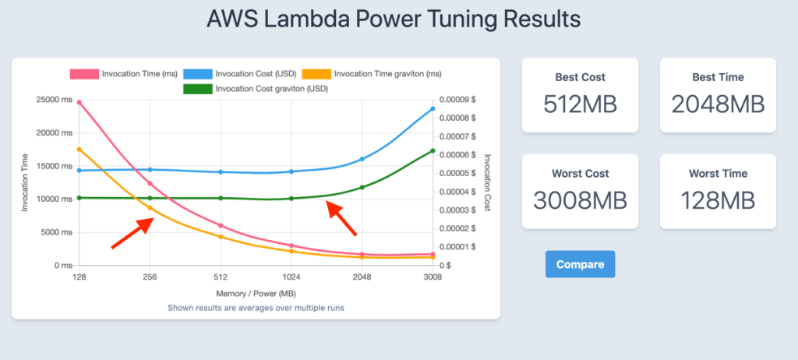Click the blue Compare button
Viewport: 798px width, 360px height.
click(x=580, y=264)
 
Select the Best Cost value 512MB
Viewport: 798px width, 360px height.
click(x=580, y=104)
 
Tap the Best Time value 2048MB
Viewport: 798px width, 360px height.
click(x=718, y=104)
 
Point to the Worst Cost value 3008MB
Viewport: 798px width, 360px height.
click(x=580, y=200)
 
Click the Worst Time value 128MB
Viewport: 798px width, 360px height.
click(x=718, y=200)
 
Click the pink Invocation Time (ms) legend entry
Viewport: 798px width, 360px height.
click(x=125, y=74)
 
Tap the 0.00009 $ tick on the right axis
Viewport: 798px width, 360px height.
click(x=457, y=100)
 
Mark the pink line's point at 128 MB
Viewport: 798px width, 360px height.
click(x=79, y=102)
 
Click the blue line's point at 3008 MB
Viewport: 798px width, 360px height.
click(x=433, y=108)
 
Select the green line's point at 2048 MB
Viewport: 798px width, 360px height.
click(x=362, y=187)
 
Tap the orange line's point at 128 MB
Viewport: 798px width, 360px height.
click(x=79, y=150)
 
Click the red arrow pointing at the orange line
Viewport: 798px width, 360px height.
click(x=132, y=234)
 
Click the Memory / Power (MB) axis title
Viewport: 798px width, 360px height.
click(x=256, y=293)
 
